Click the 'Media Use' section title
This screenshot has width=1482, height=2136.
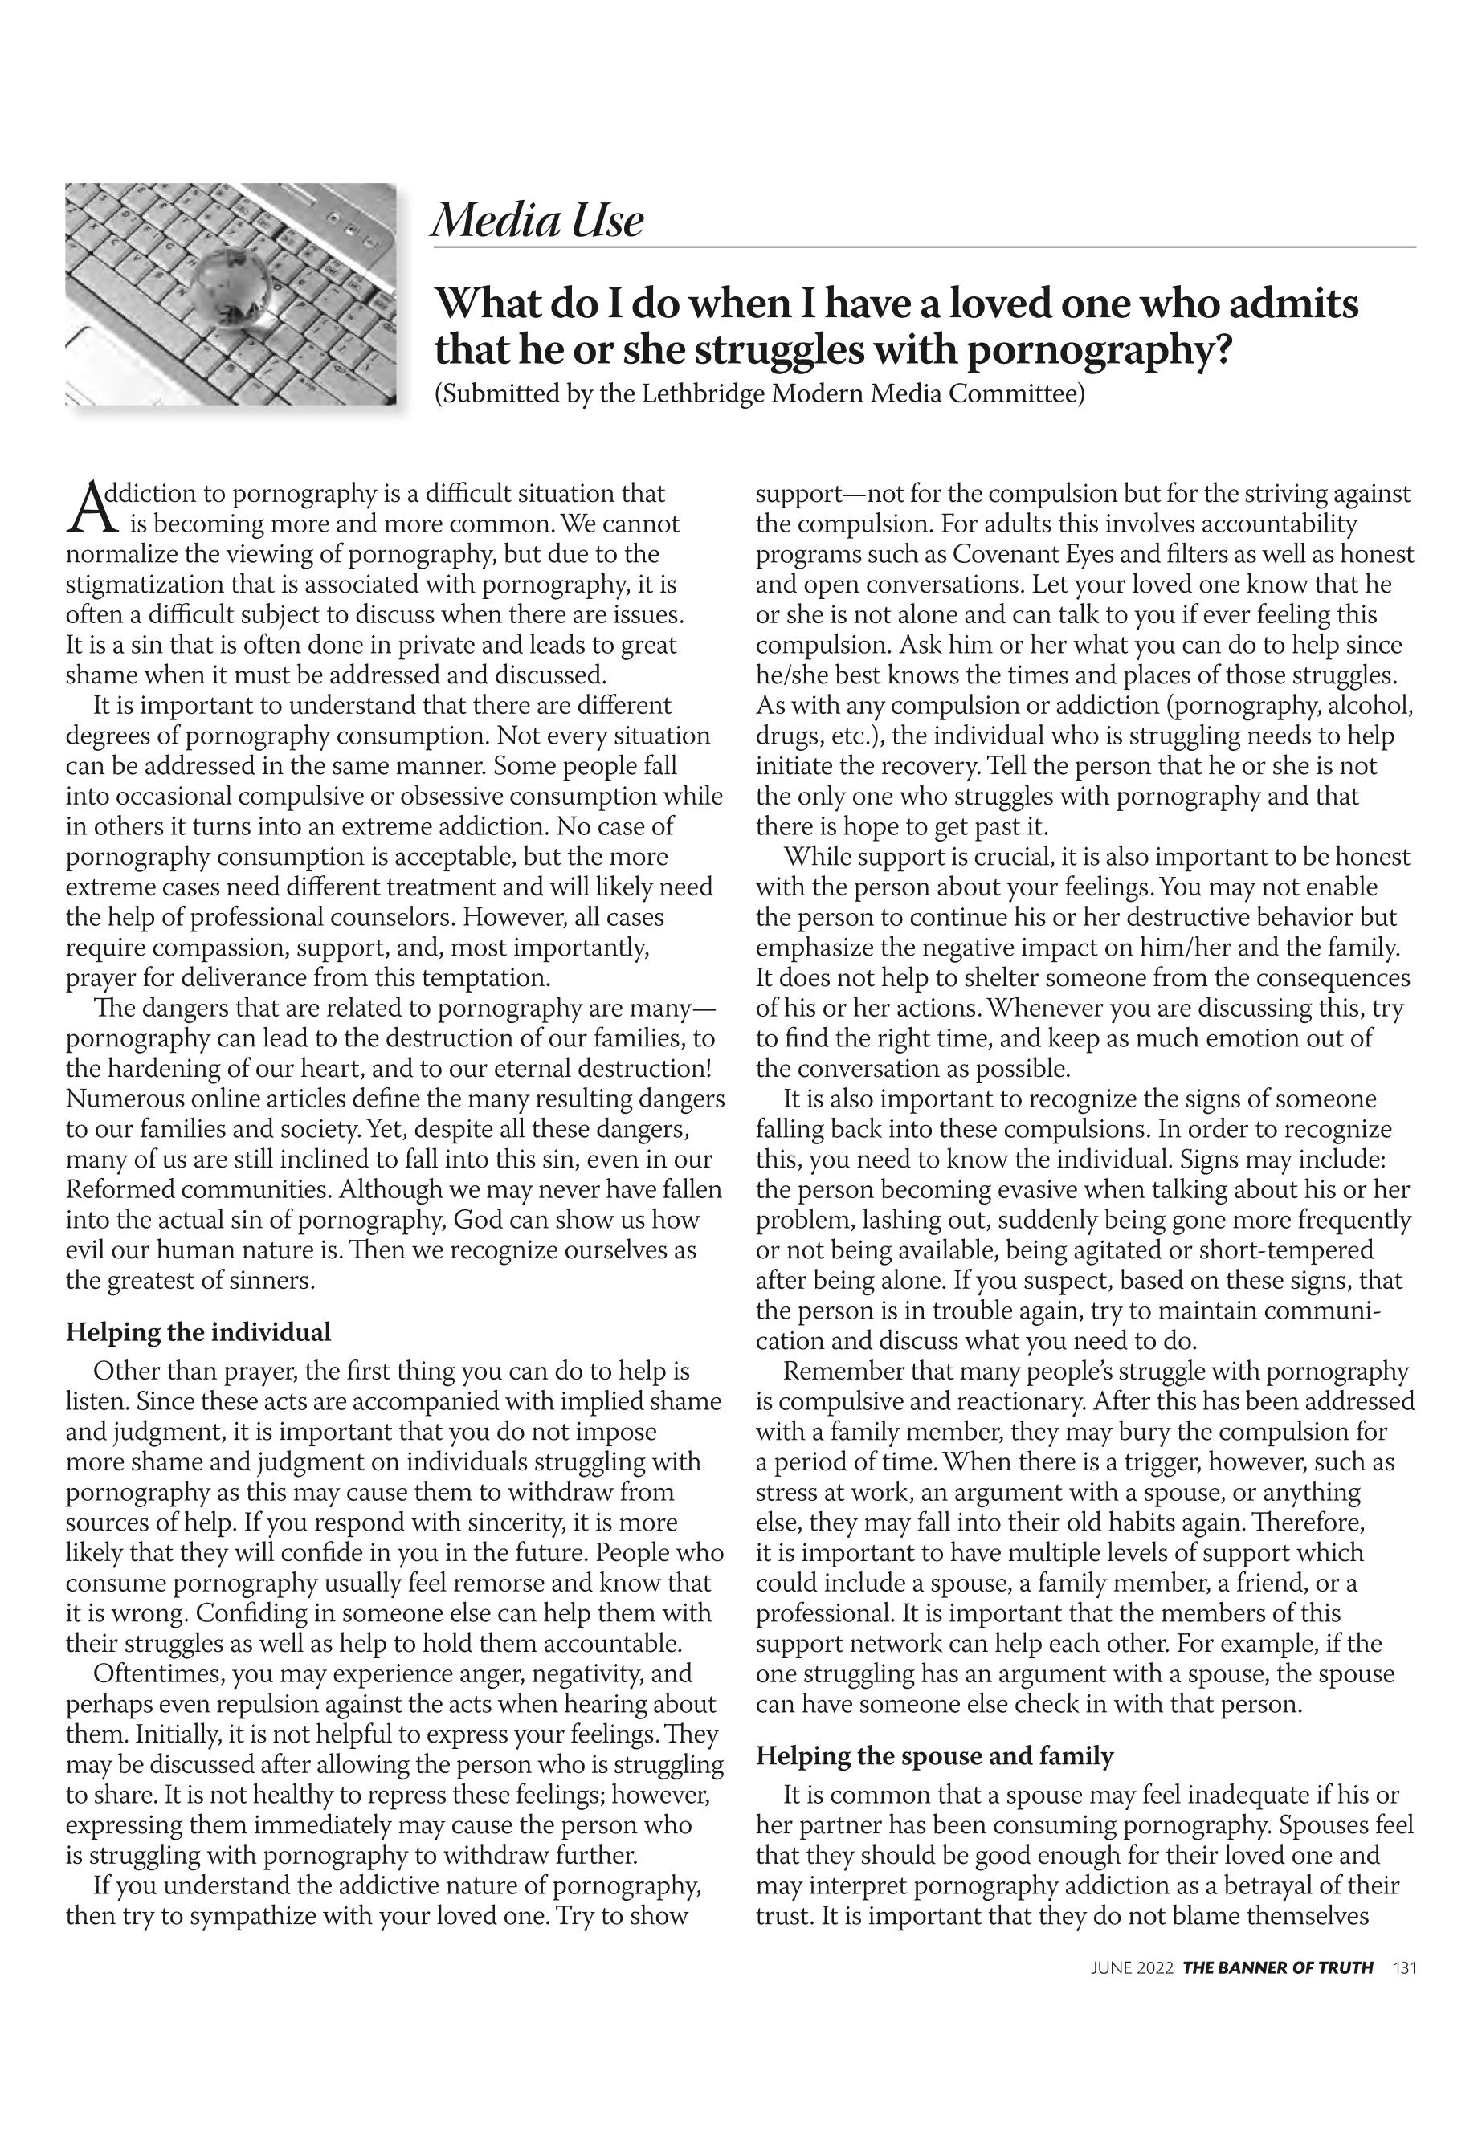(537, 221)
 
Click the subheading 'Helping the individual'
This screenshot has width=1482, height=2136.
(198, 1333)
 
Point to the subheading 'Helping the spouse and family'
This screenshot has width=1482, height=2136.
(934, 1756)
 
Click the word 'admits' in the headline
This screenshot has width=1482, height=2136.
(1296, 304)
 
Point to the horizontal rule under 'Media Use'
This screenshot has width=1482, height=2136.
(923, 248)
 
